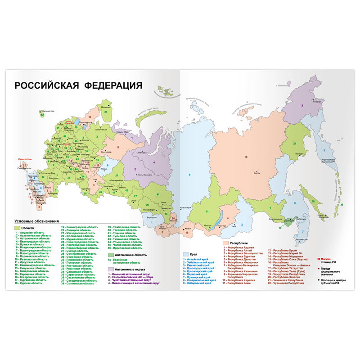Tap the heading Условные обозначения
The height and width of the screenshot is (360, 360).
tap(37, 221)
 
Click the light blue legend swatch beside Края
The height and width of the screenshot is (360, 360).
tap(185, 254)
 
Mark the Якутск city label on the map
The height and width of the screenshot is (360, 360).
tap(257, 173)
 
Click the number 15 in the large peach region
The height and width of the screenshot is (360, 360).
tap(246, 157)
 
